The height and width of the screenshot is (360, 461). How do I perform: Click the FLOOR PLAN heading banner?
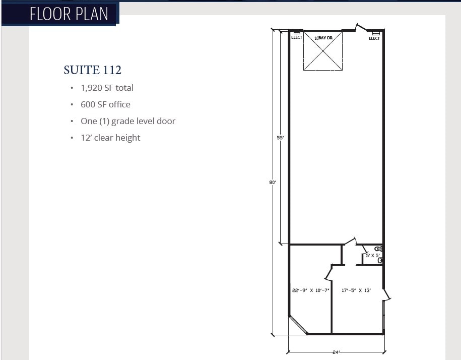tap(69, 14)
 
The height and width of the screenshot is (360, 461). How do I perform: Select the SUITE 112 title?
tap(92, 70)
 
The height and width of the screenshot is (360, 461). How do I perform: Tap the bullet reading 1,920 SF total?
tap(107, 88)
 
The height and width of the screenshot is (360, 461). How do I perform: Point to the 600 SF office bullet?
tap(105, 104)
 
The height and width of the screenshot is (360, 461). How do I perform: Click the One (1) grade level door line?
tap(128, 121)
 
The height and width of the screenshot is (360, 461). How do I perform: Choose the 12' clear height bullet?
tap(110, 138)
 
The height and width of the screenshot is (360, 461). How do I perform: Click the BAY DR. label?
tap(323, 38)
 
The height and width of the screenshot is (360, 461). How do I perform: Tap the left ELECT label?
tap(297, 37)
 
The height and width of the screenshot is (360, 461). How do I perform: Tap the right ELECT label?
tap(374, 38)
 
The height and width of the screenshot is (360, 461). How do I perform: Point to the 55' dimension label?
tap(281, 137)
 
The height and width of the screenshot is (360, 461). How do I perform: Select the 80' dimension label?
tap(272, 183)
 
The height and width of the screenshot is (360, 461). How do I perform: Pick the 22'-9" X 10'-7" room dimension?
tap(310, 290)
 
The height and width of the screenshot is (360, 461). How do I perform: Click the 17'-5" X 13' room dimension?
tap(356, 290)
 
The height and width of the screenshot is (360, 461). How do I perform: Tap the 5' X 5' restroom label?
tap(372, 256)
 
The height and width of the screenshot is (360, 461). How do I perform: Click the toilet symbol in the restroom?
tap(379, 260)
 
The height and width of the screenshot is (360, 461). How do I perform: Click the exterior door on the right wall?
tap(386, 294)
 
